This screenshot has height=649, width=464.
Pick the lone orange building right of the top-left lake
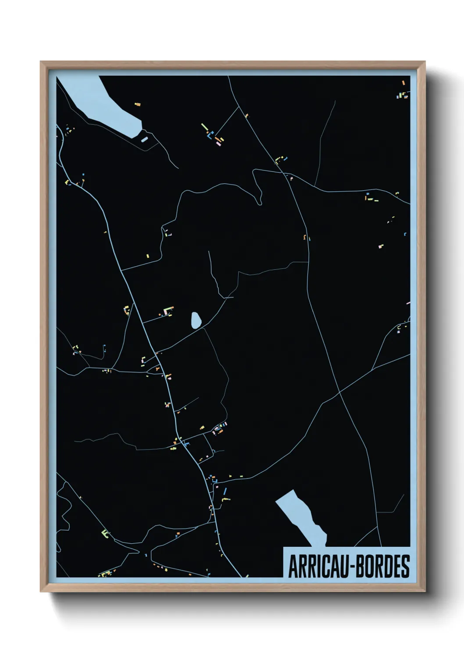pyautogui.click(x=137, y=104)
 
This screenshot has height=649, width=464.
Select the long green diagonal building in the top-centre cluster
pyautogui.click(x=204, y=128)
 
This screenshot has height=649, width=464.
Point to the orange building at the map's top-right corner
pyautogui.click(x=403, y=82)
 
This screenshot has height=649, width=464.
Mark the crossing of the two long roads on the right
pyautogui.click(x=339, y=392)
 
